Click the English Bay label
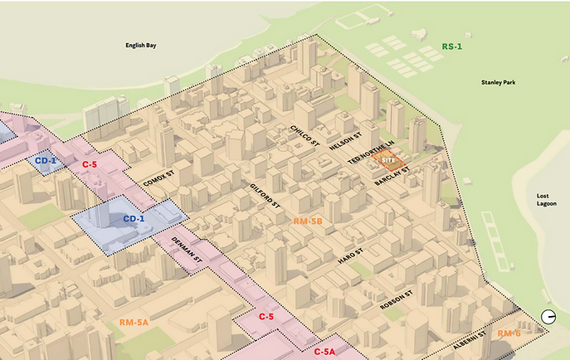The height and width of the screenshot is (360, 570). pyautogui.click(x=140, y=46)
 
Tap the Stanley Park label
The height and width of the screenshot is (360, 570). pyautogui.click(x=498, y=82)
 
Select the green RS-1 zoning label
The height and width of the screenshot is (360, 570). pyautogui.click(x=453, y=47)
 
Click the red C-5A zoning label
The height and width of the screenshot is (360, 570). pyautogui.click(x=324, y=352)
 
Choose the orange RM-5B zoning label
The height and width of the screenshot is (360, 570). pyautogui.click(x=308, y=222)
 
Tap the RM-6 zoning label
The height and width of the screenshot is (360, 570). pyautogui.click(x=509, y=333)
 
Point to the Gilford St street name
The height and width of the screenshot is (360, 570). pyautogui.click(x=263, y=197)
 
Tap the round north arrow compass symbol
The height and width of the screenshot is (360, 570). pyautogui.click(x=548, y=316)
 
